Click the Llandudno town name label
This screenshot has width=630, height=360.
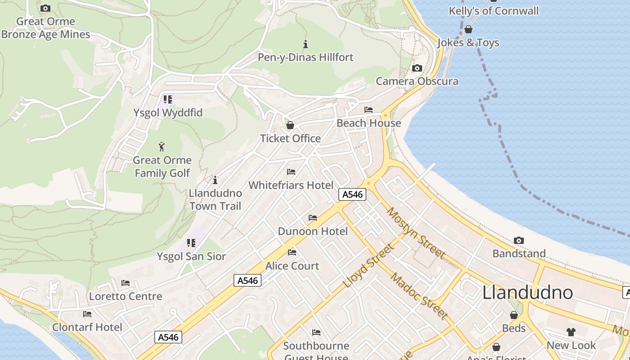pos(527,293)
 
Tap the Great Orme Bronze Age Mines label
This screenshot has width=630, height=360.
pos(45,28)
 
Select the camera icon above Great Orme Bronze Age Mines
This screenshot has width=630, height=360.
pos(45,8)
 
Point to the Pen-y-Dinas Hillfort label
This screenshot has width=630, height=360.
pos(306,57)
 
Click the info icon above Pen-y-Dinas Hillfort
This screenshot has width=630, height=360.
pos(306,44)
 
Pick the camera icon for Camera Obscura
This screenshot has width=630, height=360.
pos(417,68)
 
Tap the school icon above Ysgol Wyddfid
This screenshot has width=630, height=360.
pos(168,99)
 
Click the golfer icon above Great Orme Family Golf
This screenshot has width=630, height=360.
pos(162,147)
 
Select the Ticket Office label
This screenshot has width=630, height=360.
pos(290,138)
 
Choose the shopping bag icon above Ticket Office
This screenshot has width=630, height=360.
pos(290,125)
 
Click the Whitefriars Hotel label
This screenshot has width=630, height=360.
pos(291,185)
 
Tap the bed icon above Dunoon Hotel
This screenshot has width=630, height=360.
pos(313,218)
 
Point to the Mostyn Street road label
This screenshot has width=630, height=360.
pos(416,233)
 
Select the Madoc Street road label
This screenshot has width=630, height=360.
pos(418,296)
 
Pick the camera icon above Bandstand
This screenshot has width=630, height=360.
pos(519,241)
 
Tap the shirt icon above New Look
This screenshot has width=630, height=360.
pos(571,332)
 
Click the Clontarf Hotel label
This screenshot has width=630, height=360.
pos(87,327)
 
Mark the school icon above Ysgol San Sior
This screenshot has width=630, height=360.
pos(191,243)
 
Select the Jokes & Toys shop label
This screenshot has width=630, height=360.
pos(468,43)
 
